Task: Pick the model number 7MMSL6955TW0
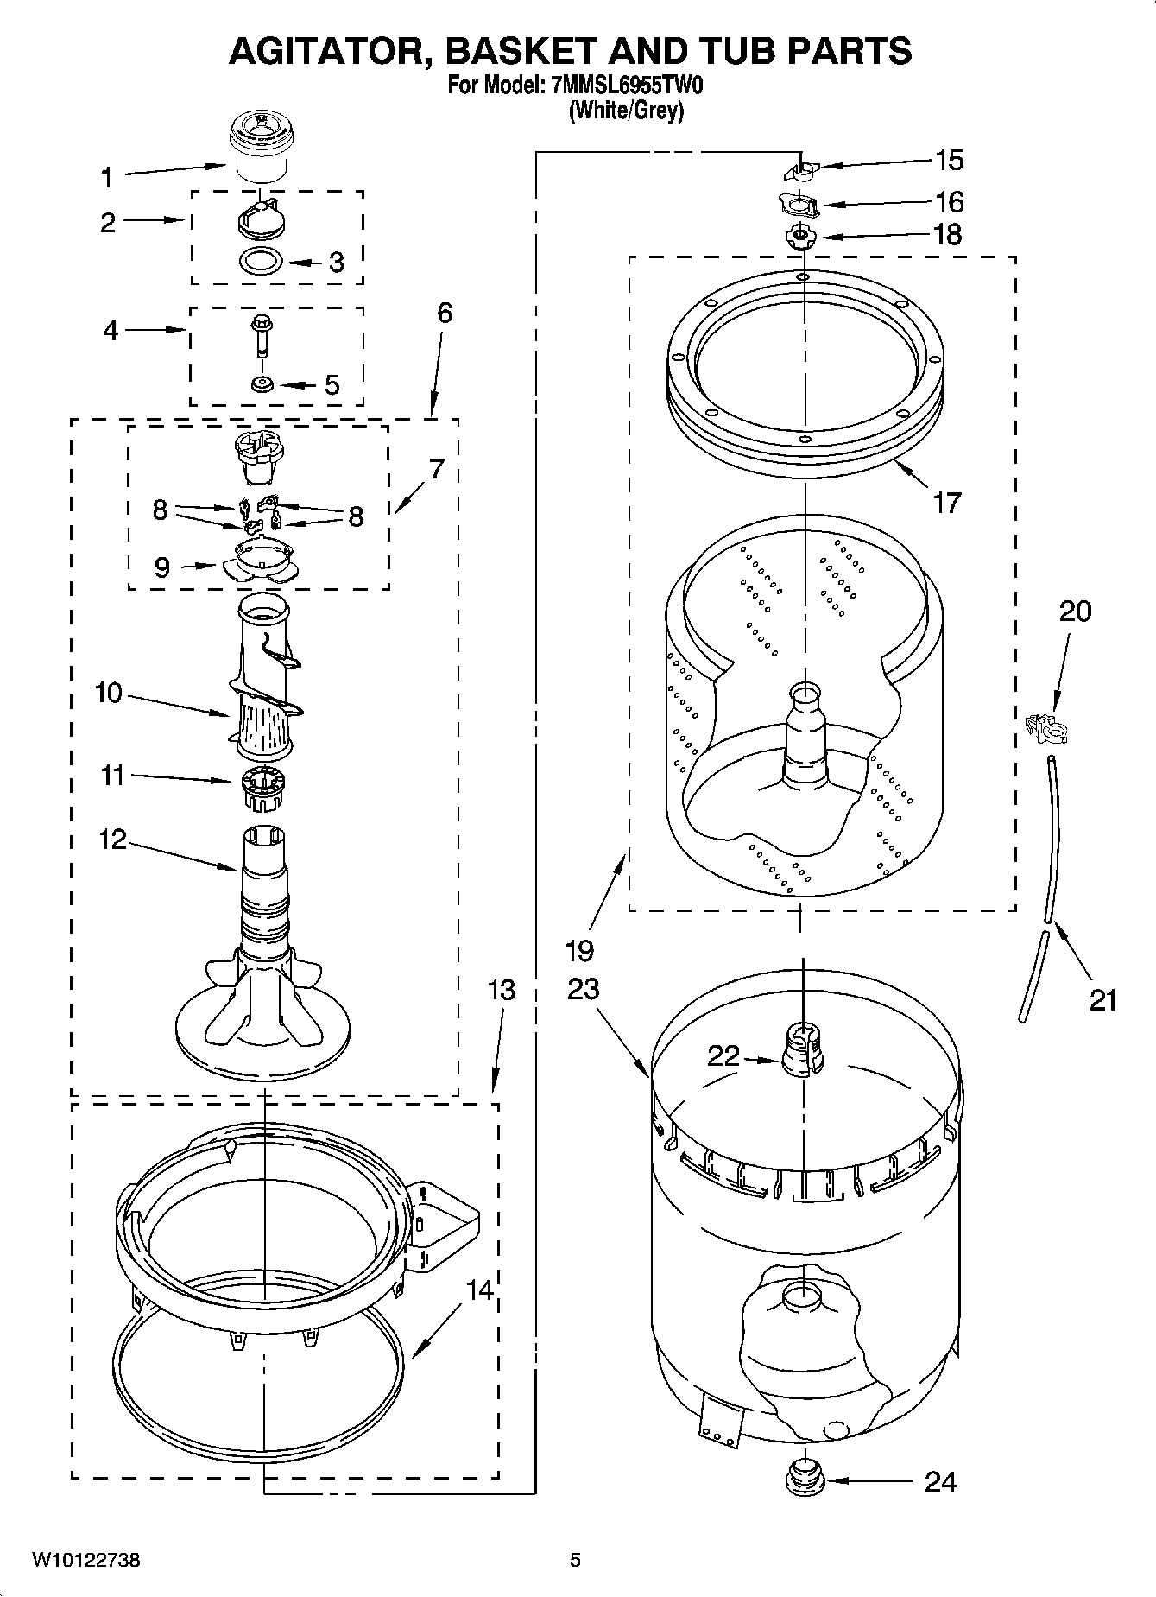coord(622,86)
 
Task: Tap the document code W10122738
coord(86,1560)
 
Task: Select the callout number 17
coord(947,502)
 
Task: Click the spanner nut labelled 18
coord(801,235)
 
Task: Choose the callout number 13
coord(502,990)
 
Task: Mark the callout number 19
coord(580,950)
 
